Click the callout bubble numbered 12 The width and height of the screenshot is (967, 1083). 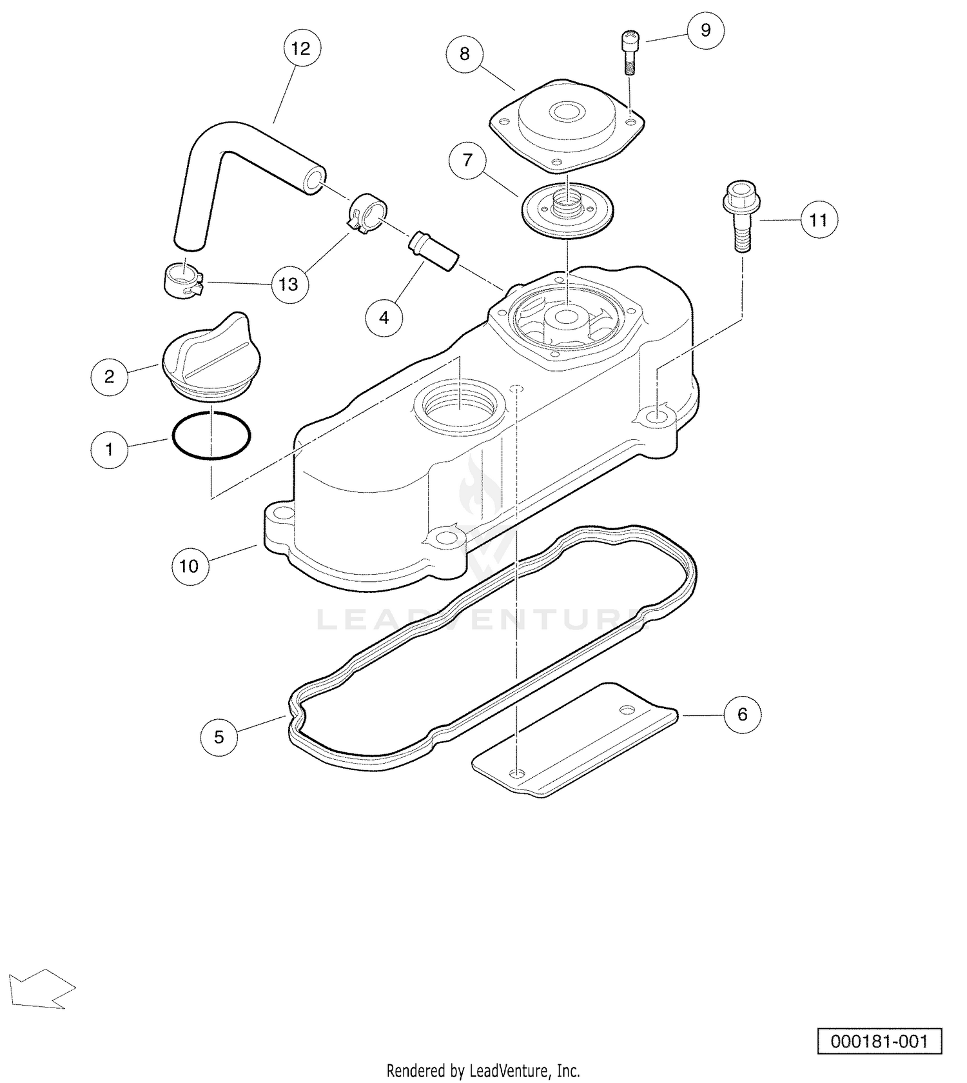click(x=301, y=48)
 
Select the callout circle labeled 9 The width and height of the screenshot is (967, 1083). click(x=705, y=30)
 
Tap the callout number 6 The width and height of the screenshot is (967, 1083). click(x=742, y=714)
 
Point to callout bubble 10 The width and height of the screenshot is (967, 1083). click(x=190, y=566)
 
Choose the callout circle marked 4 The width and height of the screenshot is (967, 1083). click(x=384, y=317)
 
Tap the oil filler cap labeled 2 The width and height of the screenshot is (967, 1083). click(x=211, y=357)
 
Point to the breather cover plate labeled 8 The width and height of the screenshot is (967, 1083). click(x=567, y=126)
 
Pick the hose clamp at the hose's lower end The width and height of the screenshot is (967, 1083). click(x=181, y=281)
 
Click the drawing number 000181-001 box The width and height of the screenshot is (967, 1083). click(x=879, y=1041)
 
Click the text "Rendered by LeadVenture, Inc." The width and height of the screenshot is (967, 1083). click(x=483, y=1071)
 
